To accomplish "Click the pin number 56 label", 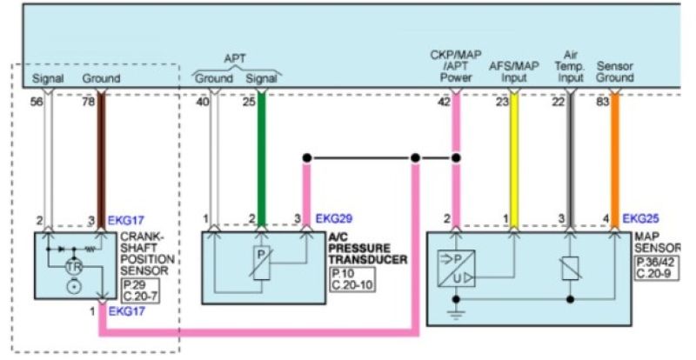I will point(37,102).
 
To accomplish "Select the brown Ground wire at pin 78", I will point(101,157).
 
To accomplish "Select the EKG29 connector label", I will point(333,217).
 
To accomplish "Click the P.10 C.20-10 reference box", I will point(352,279).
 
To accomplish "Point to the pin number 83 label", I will point(602,102).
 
